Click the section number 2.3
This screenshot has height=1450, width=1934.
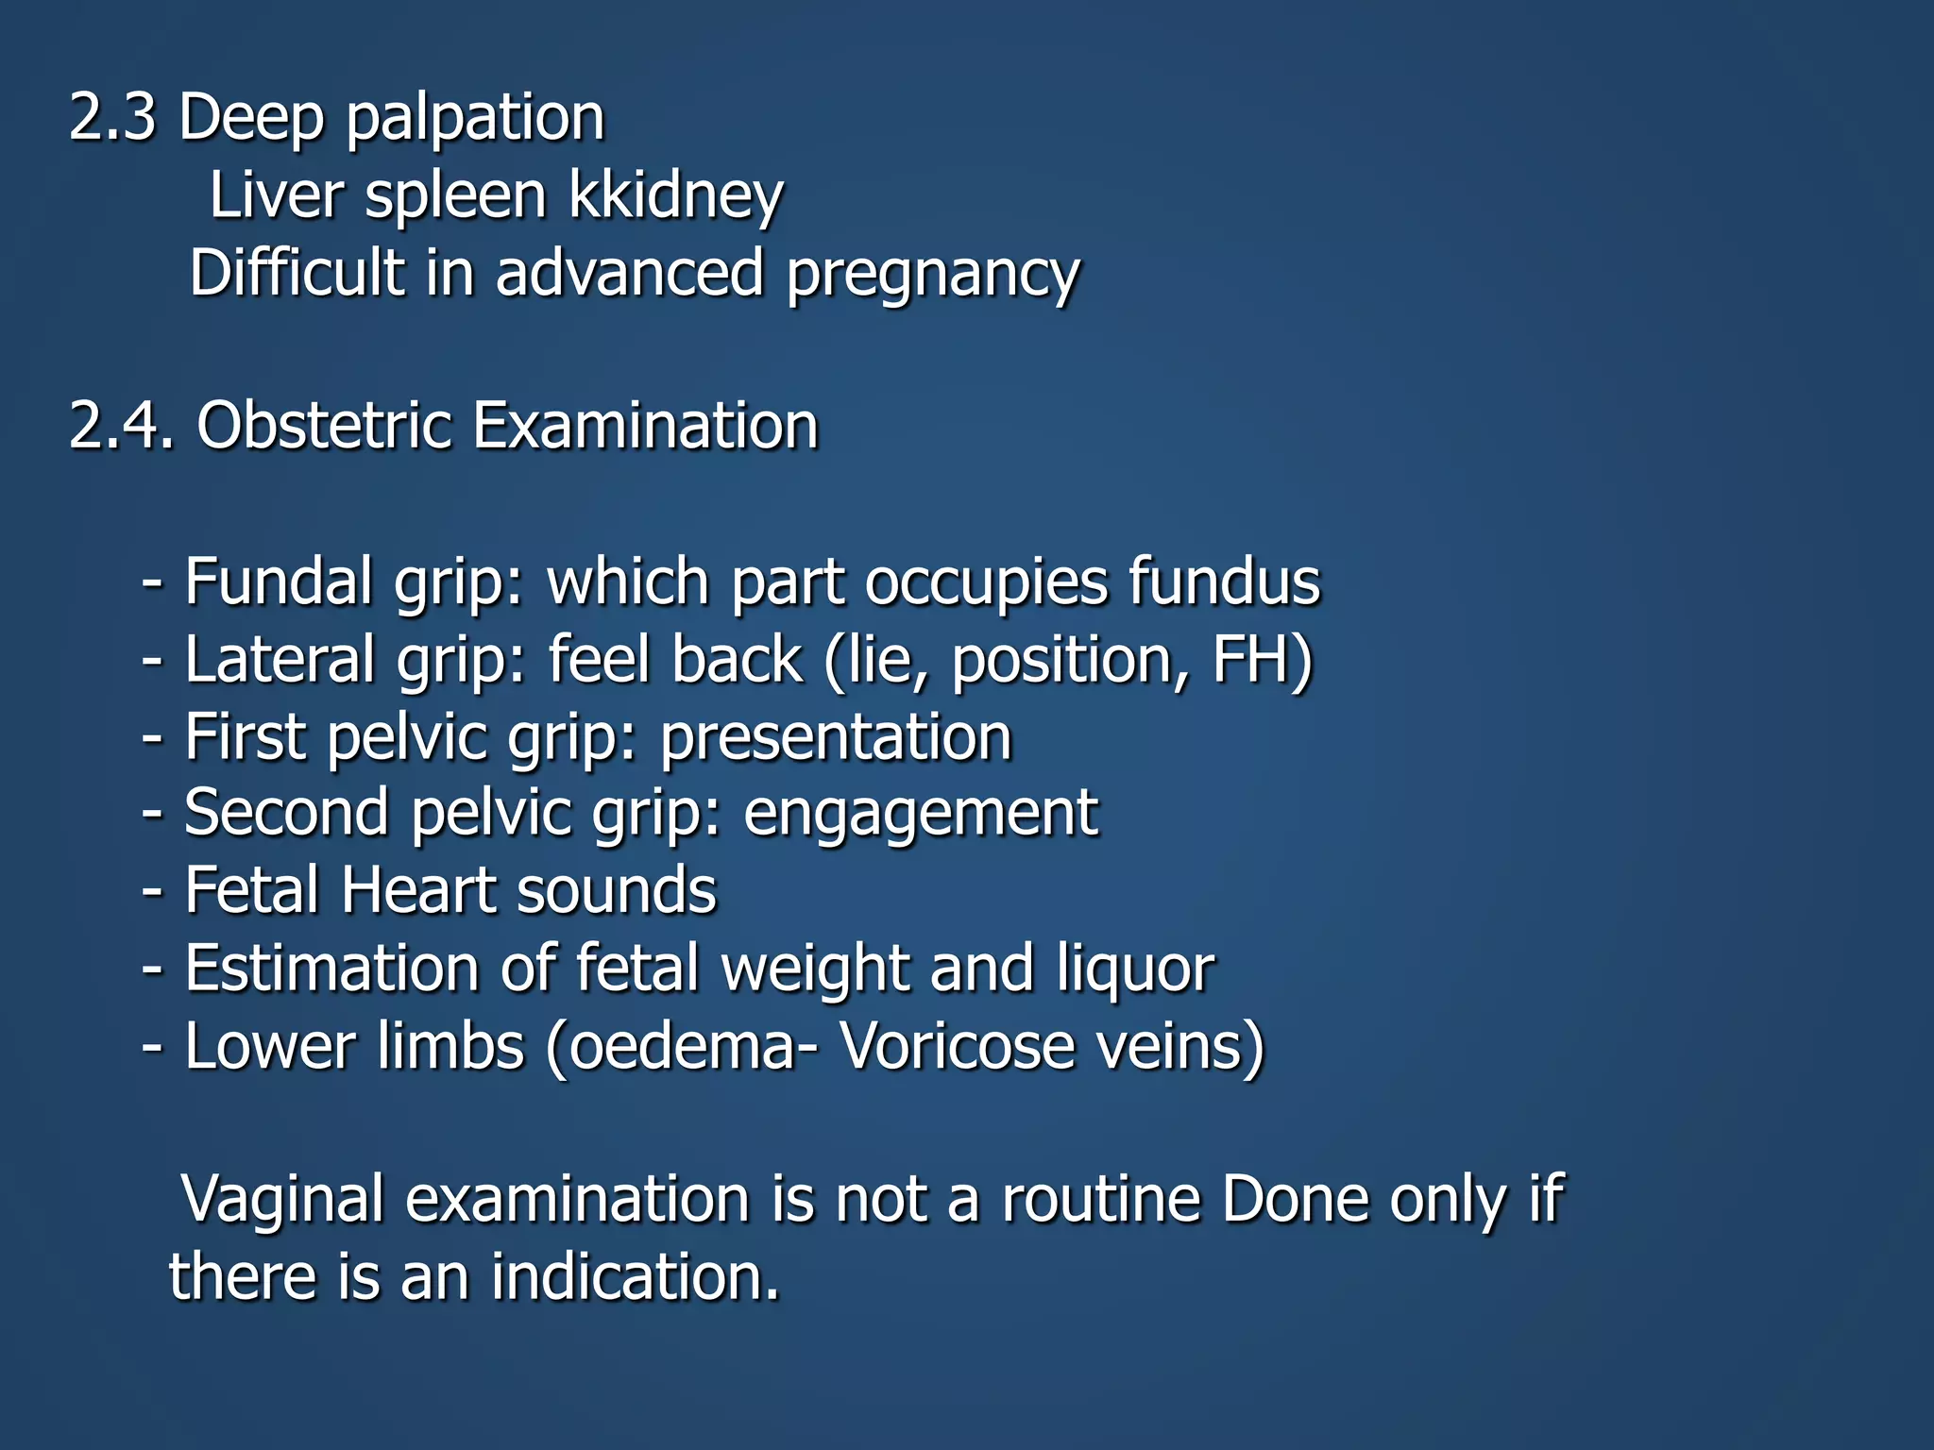(112, 118)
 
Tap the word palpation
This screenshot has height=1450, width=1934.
(475, 120)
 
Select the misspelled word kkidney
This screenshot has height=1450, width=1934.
(676, 196)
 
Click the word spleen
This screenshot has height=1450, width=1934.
(455, 196)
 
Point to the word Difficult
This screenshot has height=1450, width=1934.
(297, 273)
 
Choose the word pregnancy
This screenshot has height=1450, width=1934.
(933, 275)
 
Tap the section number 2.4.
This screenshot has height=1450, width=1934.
(122, 426)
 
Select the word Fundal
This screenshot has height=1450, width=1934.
(279, 582)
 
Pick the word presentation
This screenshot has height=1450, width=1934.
(836, 736)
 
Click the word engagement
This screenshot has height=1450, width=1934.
(921, 814)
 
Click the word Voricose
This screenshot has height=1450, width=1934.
(959, 1046)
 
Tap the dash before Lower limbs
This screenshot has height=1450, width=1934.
(151, 1048)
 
